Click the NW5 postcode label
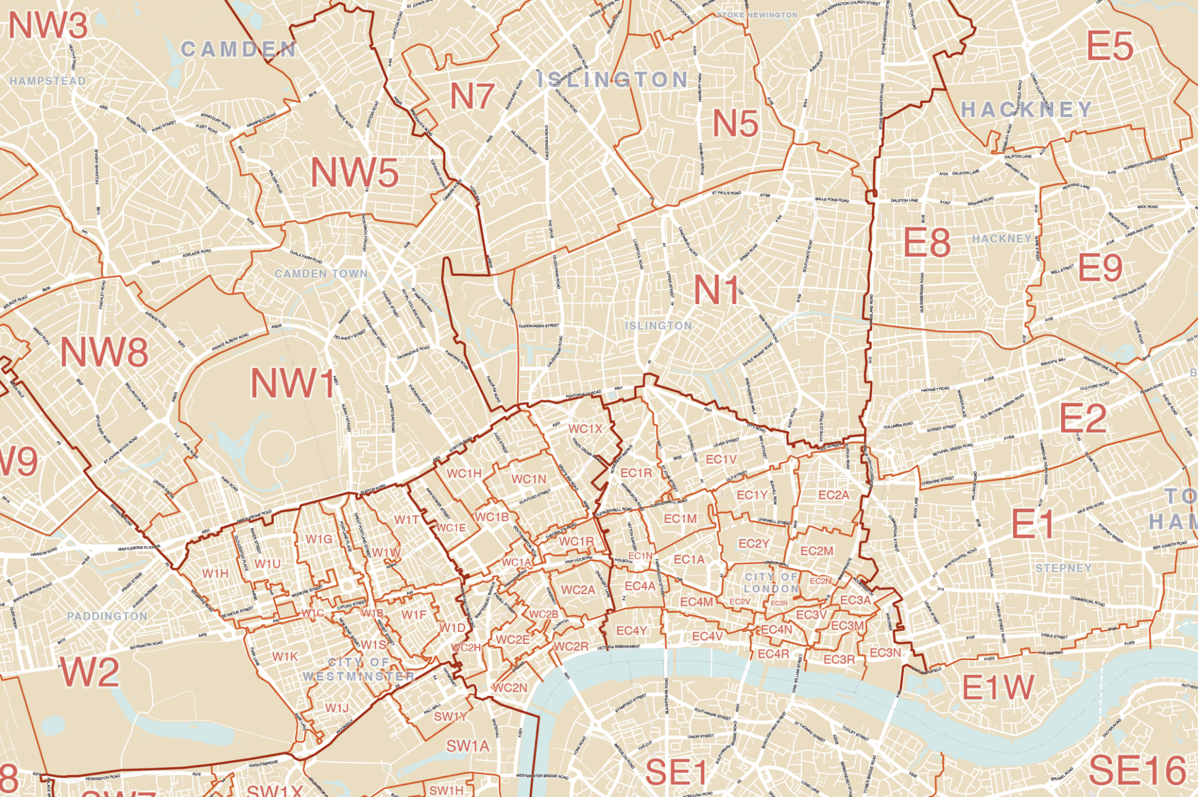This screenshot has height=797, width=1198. coord(354,173)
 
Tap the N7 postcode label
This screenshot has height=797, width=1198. coord(471,96)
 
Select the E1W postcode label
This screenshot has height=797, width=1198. coord(998,688)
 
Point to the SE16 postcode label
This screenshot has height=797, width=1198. coord(1137,770)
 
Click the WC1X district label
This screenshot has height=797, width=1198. coord(585,429)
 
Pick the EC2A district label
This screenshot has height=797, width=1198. coord(834,495)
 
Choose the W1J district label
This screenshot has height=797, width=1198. coord(337,708)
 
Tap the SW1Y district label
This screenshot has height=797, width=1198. coord(450,716)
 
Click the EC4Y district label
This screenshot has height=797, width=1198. coord(632,630)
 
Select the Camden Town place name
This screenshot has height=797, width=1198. coord(321,274)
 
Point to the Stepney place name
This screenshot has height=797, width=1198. coord(1063,568)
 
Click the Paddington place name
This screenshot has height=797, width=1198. coord(107,616)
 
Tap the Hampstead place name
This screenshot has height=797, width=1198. coord(48,81)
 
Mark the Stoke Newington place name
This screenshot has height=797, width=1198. coord(757,15)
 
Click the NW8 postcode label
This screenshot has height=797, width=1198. coord(104,353)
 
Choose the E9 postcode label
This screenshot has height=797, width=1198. coord(1100,268)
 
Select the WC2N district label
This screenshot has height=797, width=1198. coord(510,688)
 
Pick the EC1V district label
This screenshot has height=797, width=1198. coord(721,460)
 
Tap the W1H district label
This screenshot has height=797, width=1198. coord(215,574)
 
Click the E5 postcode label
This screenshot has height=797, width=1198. coord(1110,46)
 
